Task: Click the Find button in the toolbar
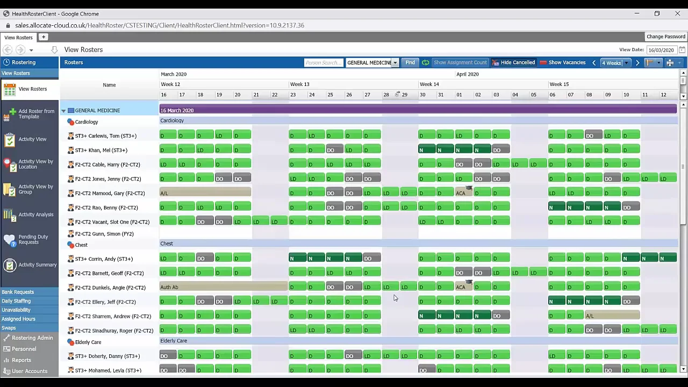(x=410, y=63)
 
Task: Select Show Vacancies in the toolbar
(x=562, y=63)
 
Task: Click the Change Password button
(x=665, y=37)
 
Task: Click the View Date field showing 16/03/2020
(x=661, y=50)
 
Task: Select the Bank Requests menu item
(x=18, y=292)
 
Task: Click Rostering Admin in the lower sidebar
(x=32, y=338)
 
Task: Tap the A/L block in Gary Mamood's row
(x=205, y=193)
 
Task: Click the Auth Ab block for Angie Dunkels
(x=223, y=287)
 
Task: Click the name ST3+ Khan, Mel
(x=101, y=150)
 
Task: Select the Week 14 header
(x=429, y=84)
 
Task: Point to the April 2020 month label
(x=467, y=74)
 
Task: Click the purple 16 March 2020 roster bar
(x=418, y=110)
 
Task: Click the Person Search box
(x=323, y=63)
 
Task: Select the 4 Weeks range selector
(x=614, y=63)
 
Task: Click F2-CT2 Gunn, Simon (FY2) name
(x=104, y=234)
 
